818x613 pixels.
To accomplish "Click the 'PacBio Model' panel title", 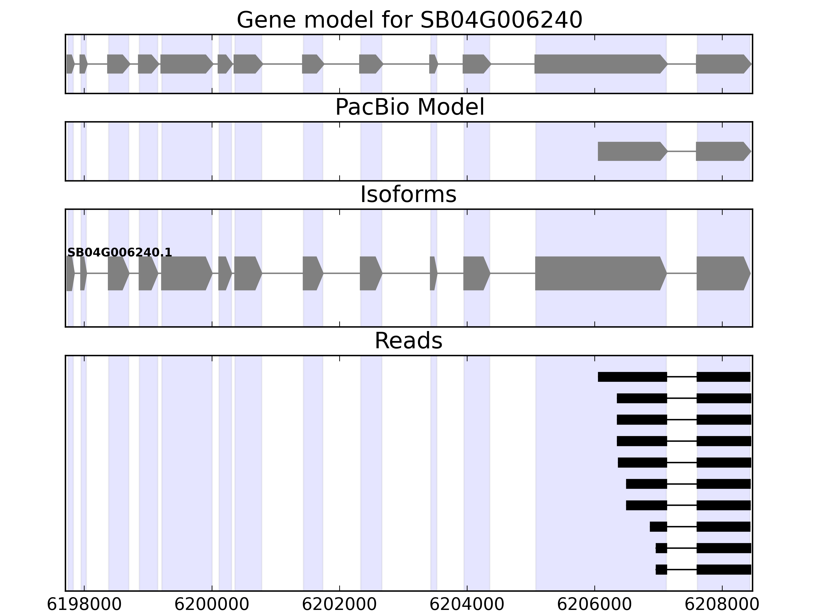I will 409,107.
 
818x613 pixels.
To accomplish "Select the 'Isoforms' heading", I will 408,195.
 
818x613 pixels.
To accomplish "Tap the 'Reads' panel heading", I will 408,341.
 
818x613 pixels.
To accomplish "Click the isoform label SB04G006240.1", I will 119,252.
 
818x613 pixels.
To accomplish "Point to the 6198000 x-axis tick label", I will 84,605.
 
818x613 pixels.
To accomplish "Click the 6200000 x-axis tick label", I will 212,605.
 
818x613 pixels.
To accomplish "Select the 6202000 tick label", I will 339,605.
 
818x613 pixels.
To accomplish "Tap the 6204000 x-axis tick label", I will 467,605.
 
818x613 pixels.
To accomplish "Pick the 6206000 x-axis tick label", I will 594,605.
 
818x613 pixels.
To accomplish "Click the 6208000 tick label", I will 722,605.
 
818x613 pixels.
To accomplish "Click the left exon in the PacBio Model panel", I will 631,151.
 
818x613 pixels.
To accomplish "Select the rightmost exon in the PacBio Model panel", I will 721,151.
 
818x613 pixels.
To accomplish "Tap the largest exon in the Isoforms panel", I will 599,274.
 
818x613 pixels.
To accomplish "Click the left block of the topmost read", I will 632,377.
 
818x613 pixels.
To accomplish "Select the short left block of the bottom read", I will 661,569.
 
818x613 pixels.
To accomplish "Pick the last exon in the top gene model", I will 721,64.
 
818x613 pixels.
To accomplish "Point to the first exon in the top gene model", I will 70,64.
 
